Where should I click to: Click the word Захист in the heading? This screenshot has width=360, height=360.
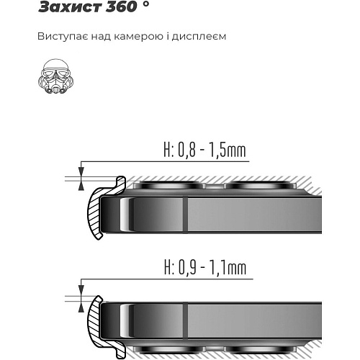click(70, 6)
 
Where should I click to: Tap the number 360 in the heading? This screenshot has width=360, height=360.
click(121, 6)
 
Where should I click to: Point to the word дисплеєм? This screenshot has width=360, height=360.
click(199, 37)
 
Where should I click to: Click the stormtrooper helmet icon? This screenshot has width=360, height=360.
click(56, 76)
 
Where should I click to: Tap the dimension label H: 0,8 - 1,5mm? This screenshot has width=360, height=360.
click(204, 150)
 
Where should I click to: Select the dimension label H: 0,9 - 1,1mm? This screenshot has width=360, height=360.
click(205, 268)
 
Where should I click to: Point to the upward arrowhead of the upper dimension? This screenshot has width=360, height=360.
click(81, 186)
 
